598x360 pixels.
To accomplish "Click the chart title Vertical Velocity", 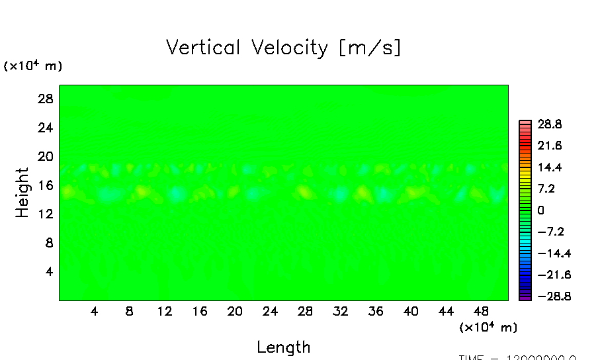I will coord(283,48).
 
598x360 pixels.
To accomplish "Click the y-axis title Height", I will coord(22,193).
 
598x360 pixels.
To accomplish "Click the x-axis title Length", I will coord(283,347).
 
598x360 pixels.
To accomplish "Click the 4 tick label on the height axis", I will coord(47,272).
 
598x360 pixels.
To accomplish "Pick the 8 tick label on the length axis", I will coord(129,311).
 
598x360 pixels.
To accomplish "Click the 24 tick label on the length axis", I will coord(269,311).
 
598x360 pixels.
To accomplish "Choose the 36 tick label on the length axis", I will coord(375,311).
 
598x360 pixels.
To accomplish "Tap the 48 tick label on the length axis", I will coord(481,311).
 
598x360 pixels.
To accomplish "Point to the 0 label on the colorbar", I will coord(540,210).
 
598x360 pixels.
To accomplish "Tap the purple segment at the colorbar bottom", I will coord(525,298).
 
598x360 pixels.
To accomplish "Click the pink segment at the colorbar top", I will coord(525,122).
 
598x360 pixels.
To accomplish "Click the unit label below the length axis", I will coord(488,327).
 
